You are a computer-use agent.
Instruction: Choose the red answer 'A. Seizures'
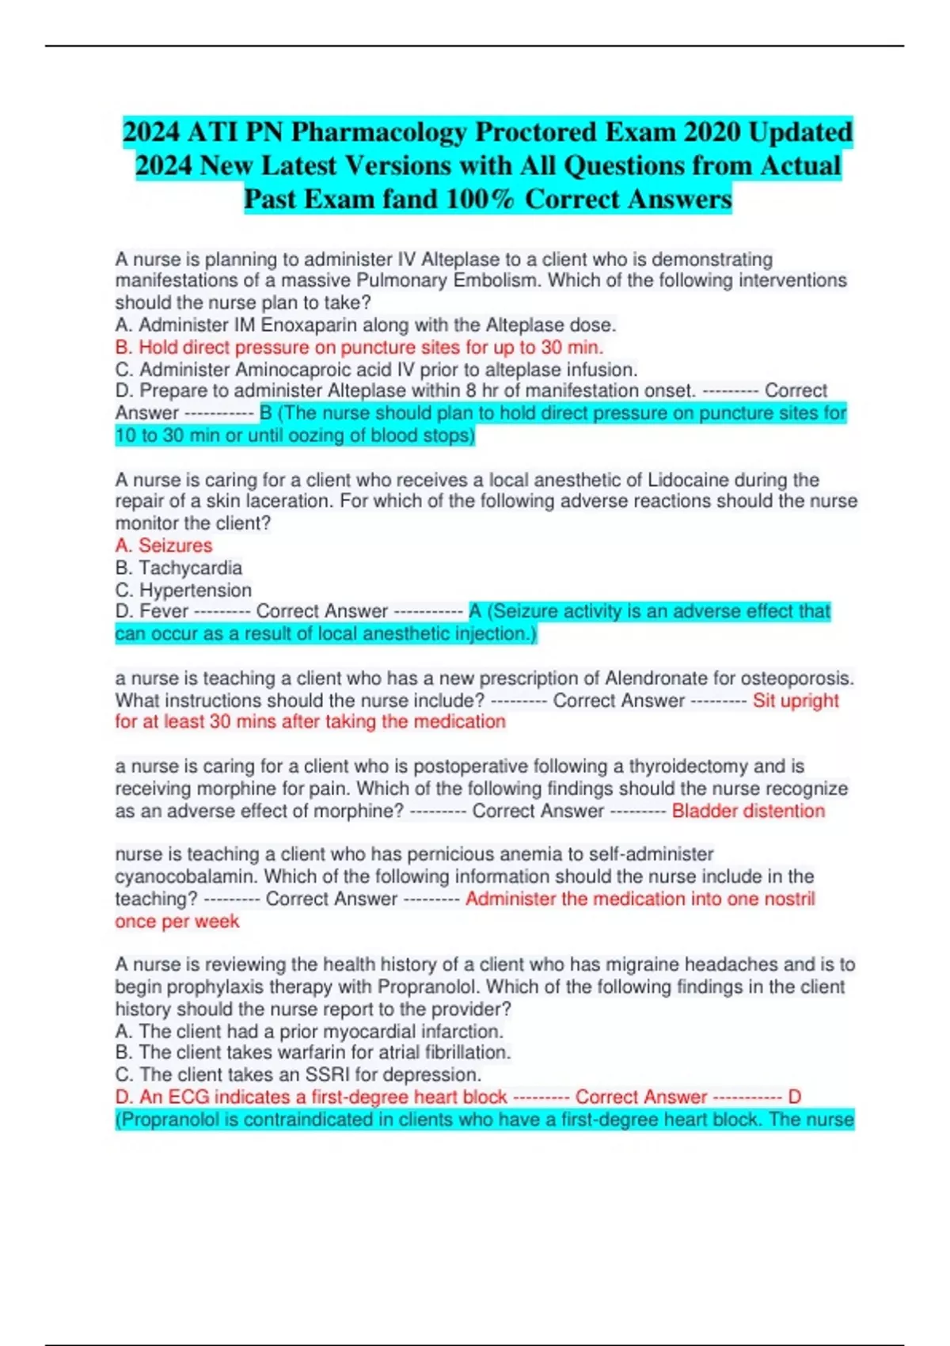tap(164, 546)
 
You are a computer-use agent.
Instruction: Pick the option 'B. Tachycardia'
tap(179, 568)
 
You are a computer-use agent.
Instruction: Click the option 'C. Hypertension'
tap(184, 590)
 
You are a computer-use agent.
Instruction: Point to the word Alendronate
tap(656, 679)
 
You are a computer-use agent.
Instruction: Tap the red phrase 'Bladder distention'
tap(748, 811)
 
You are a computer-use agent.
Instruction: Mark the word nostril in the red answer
tap(788, 899)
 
